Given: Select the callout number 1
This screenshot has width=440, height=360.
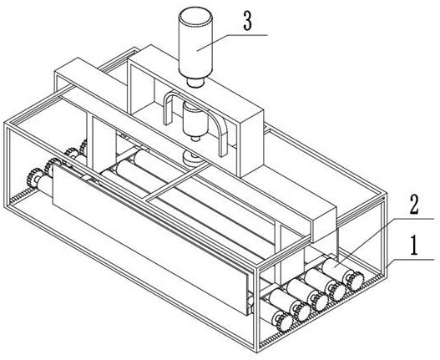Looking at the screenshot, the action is click(x=414, y=246).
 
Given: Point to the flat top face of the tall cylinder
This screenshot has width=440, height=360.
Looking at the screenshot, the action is click(x=195, y=15).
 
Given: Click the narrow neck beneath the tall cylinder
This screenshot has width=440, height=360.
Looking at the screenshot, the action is click(x=195, y=83).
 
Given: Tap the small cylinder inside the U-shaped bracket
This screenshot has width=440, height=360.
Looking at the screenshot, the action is click(x=195, y=119).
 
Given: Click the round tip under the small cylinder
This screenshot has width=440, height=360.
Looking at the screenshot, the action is click(x=195, y=138).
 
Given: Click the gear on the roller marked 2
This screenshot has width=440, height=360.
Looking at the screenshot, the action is click(x=355, y=281).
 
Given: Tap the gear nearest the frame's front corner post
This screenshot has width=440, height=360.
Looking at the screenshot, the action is click(x=284, y=322).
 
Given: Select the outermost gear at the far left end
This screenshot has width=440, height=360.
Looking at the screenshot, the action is click(x=34, y=177).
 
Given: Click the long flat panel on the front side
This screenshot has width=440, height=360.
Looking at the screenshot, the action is click(x=150, y=239).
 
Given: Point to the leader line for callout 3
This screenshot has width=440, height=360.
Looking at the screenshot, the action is click(x=232, y=43).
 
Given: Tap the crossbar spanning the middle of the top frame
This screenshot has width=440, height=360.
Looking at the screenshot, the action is click(x=178, y=182).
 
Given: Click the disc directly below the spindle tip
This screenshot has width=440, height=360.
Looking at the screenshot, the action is click(x=191, y=158).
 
